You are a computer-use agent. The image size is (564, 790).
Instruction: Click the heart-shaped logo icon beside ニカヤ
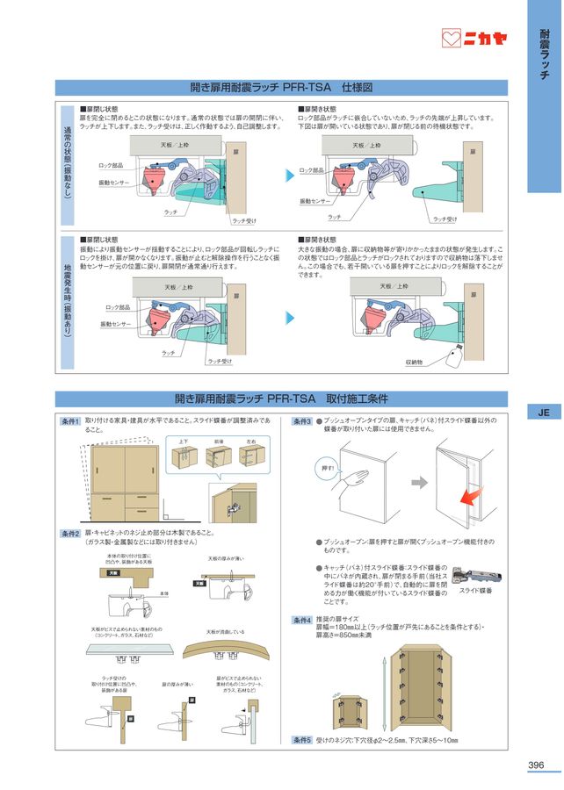pyautogui.click(x=452, y=39)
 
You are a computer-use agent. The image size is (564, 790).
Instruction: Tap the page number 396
pyautogui.click(x=536, y=765)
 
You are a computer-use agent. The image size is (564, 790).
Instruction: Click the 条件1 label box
pyautogui.click(x=70, y=422)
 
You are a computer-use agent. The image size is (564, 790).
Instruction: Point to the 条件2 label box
pyautogui.click(x=70, y=533)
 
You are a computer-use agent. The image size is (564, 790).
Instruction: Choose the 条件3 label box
pyautogui.click(x=301, y=422)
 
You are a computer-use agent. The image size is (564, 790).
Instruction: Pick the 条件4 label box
pyautogui.click(x=301, y=620)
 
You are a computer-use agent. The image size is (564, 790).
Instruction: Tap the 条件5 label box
pyautogui.click(x=301, y=739)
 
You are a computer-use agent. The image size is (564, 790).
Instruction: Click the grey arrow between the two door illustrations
pyautogui.click(x=420, y=482)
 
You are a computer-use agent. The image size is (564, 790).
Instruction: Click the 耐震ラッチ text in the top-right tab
pyautogui.click(x=544, y=54)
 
